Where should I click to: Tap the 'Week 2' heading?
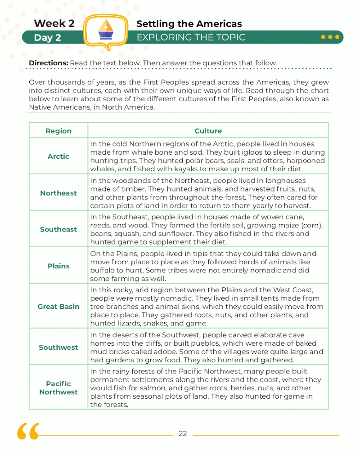point(54,23)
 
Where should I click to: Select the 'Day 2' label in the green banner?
point(47,38)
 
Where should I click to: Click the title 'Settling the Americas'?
point(189,24)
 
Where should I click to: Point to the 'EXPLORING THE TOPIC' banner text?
point(191,37)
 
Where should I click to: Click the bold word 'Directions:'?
point(48,62)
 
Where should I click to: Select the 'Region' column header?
point(58,131)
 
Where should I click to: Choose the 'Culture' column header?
point(208,131)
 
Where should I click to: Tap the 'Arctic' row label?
point(58,156)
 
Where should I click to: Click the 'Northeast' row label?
point(58,193)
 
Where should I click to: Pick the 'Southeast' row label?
point(58,229)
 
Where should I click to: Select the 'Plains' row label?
point(58,266)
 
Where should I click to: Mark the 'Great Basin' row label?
point(58,307)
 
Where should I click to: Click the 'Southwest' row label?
point(58,347)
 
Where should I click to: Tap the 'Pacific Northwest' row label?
point(58,387)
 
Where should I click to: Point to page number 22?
point(182,434)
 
